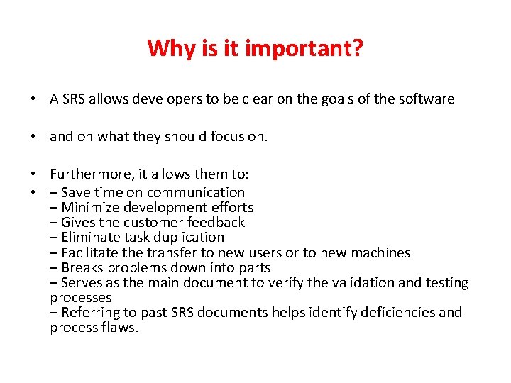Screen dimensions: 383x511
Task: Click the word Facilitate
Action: pos(91,252)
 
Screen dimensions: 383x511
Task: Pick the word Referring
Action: pos(90,312)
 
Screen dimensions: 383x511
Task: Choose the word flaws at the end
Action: pos(121,327)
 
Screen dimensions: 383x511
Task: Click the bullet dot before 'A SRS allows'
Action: pos(34,100)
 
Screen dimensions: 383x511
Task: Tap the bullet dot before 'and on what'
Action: pos(34,137)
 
